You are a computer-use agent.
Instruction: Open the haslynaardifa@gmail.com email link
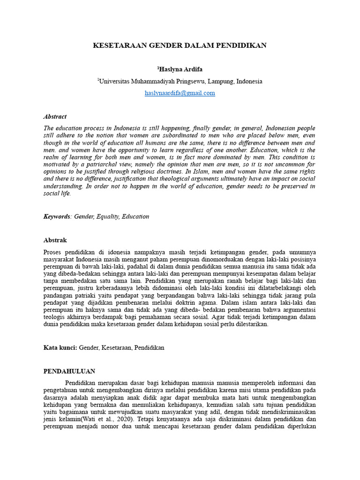click(x=180, y=93)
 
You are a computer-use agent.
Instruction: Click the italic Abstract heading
click(x=55, y=116)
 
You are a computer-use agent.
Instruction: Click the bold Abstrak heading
click(x=55, y=240)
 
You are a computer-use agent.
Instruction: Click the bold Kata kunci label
click(x=60, y=348)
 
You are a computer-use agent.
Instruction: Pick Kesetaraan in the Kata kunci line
click(x=116, y=348)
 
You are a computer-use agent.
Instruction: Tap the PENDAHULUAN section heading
click(x=69, y=371)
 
